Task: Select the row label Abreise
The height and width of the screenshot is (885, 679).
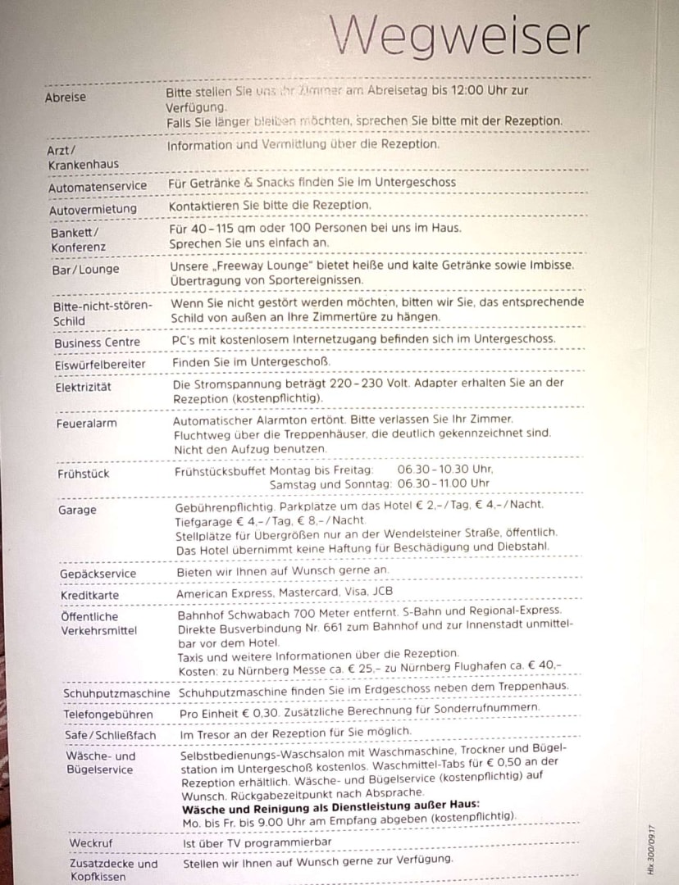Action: tap(66, 98)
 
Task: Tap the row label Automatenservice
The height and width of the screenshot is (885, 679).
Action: tap(98, 186)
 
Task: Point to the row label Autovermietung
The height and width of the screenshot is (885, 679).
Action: tap(93, 209)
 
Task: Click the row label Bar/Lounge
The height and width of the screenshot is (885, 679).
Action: tap(86, 269)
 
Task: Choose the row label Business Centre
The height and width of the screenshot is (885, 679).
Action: tap(97, 343)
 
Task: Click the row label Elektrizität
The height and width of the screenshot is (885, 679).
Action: tap(84, 387)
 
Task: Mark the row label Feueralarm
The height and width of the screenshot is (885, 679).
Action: tap(86, 424)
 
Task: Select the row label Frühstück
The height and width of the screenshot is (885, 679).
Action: tap(84, 474)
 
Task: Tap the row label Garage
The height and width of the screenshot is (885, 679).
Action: tap(77, 510)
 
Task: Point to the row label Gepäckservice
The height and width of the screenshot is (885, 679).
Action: tap(98, 574)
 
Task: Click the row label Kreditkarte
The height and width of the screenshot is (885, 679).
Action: tap(89, 595)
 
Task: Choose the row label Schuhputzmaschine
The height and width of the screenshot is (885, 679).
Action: tap(116, 693)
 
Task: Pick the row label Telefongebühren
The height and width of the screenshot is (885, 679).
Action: tap(108, 715)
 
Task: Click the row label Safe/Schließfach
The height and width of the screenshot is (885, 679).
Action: tap(110, 735)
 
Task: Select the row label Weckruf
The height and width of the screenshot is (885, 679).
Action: tap(91, 842)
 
